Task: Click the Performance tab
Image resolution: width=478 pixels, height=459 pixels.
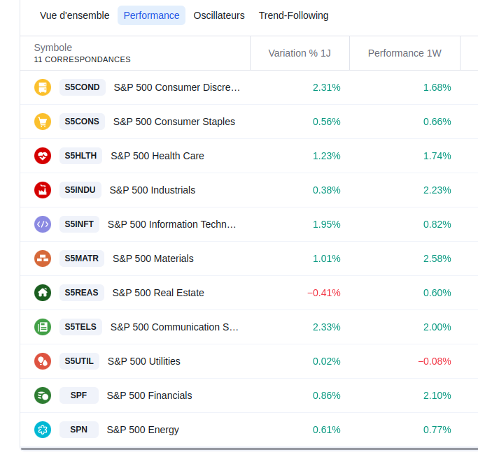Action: [151, 15]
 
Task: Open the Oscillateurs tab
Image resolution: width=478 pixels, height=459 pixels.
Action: [219, 15]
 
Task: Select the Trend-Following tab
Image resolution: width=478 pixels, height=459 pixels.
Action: [293, 15]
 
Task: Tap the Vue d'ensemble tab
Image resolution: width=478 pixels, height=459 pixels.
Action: [75, 15]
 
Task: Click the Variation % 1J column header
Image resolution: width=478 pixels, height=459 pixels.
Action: [300, 53]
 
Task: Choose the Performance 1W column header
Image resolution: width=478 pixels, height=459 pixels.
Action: [405, 53]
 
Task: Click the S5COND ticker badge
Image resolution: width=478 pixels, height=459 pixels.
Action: [82, 87]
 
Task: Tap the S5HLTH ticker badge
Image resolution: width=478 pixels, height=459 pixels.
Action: [80, 156]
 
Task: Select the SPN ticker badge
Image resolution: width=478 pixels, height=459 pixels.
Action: [78, 430]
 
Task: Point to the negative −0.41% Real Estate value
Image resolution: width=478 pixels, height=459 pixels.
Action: [324, 293]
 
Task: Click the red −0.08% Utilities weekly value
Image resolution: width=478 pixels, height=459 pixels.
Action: [435, 361]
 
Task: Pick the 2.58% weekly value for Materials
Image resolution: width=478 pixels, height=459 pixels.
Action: [437, 258]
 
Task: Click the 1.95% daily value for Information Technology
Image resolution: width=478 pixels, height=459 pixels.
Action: [326, 224]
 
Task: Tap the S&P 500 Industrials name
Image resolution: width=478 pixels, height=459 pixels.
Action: [153, 190]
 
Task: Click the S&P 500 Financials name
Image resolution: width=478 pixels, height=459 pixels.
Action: [149, 395]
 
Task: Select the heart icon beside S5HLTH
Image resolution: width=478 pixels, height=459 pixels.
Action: [43, 156]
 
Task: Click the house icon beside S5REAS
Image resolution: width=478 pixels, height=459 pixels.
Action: [43, 293]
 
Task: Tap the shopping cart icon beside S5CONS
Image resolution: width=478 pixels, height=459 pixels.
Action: [43, 122]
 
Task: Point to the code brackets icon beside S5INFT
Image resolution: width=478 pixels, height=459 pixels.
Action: [43, 224]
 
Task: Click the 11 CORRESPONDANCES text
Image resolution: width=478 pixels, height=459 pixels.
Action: [82, 59]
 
